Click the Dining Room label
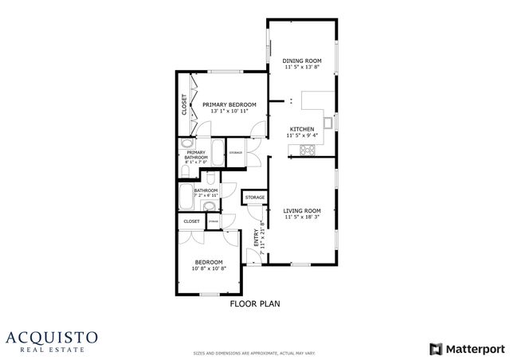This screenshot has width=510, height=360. pyautogui.click(x=302, y=61)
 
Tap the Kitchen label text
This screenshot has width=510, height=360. pyautogui.click(x=301, y=129)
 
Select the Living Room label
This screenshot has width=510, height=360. pyautogui.click(x=302, y=210)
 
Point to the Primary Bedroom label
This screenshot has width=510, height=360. pyautogui.click(x=229, y=104)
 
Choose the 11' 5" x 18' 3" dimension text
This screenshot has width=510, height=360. pyautogui.click(x=302, y=217)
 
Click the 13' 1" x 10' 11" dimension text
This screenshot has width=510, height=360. pyautogui.click(x=229, y=112)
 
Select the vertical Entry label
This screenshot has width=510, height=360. pyautogui.click(x=257, y=238)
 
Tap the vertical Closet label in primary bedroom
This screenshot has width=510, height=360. pyautogui.click(x=184, y=104)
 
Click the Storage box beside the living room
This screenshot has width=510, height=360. pyautogui.click(x=254, y=197)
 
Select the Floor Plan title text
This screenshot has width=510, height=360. pyautogui.click(x=255, y=303)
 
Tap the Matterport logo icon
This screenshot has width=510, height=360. pyautogui.click(x=434, y=348)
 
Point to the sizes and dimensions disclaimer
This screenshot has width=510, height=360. pyautogui.click(x=254, y=351)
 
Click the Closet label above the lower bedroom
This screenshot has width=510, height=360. pyautogui.click(x=192, y=221)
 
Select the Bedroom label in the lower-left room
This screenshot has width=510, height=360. pyautogui.click(x=209, y=262)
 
